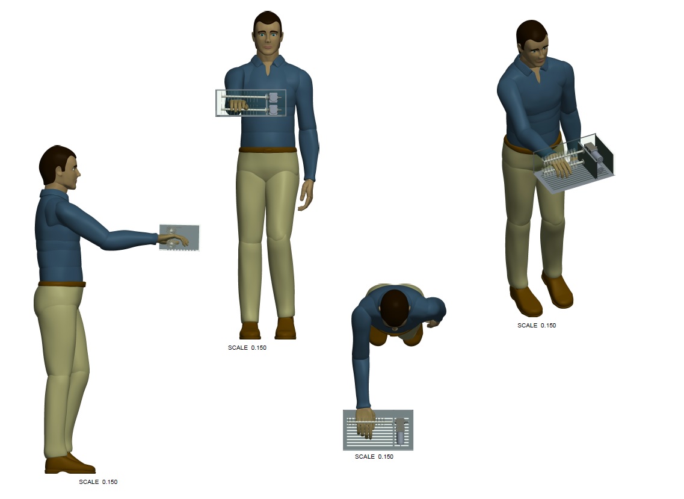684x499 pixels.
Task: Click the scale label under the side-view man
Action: (x=98, y=482)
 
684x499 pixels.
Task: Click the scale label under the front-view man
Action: (x=247, y=347)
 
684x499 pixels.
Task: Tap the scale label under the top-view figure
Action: (x=374, y=456)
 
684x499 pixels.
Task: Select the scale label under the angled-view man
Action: (x=537, y=325)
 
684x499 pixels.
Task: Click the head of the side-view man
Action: (x=59, y=167)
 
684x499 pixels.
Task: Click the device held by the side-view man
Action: (x=179, y=238)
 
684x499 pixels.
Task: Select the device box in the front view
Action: (x=251, y=103)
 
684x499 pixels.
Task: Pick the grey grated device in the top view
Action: (x=378, y=430)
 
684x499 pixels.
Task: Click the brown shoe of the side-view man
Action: (x=70, y=464)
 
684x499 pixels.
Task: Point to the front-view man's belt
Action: (x=268, y=150)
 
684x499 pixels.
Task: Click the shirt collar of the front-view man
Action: (x=268, y=63)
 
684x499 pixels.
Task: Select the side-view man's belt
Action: (x=62, y=284)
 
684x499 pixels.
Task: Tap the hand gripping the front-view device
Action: (x=238, y=106)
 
